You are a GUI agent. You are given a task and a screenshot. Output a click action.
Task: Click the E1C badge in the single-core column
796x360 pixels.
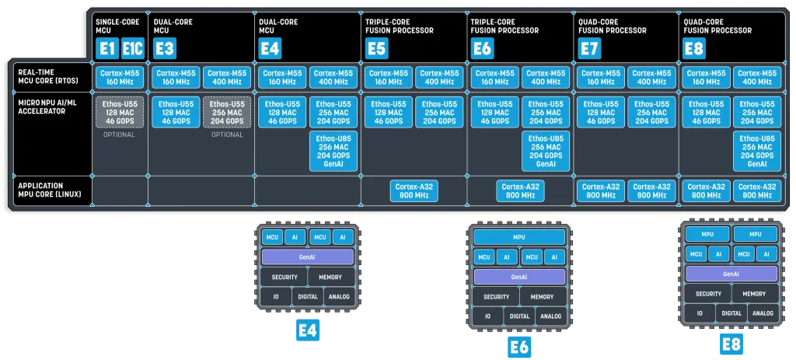[x=132, y=49]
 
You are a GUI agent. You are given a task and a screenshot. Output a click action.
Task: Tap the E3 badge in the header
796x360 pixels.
[x=165, y=49]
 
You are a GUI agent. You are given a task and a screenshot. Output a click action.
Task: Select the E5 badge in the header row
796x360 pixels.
[x=376, y=49]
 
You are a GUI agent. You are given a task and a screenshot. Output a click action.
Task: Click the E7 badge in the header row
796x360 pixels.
[x=591, y=49]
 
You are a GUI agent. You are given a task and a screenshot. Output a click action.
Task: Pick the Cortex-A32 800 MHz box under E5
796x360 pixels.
[x=414, y=191]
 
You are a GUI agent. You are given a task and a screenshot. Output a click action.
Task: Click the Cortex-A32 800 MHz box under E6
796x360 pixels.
[x=521, y=191]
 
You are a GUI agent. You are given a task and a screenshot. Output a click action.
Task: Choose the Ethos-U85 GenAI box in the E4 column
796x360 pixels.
[x=333, y=151]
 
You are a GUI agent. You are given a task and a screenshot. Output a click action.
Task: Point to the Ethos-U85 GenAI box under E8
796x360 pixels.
[x=757, y=151]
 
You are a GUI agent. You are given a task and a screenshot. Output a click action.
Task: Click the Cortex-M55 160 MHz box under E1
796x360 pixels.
[x=120, y=77]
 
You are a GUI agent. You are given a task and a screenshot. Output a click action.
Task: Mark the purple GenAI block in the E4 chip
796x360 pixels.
[x=308, y=257]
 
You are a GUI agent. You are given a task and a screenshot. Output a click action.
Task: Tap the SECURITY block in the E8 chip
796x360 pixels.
[x=708, y=294]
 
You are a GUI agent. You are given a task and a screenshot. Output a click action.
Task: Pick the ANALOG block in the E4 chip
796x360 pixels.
[x=339, y=296]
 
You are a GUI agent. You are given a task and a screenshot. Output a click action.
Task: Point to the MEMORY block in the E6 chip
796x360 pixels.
[x=543, y=296]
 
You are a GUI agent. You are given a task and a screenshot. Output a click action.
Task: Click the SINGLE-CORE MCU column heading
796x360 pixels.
[x=117, y=26]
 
